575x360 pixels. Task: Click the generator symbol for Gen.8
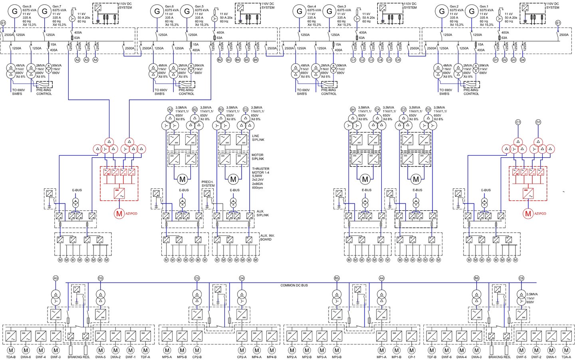[x=15, y=11]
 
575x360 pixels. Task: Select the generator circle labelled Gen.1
[x=472, y=11]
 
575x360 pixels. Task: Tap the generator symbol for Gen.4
[x=299, y=11]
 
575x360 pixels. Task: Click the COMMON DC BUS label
[x=294, y=285]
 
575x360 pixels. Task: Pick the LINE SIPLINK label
[x=258, y=138]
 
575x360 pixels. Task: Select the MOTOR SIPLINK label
[x=258, y=157]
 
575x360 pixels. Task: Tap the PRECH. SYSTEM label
[x=208, y=184]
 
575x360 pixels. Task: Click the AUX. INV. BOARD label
[x=267, y=237]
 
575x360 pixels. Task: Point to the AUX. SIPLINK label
[x=262, y=213]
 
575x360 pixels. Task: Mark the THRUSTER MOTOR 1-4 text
[x=260, y=170]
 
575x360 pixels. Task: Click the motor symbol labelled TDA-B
[x=11, y=350]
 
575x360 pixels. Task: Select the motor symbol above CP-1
[x=412, y=350]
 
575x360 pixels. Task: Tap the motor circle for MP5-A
[x=167, y=350]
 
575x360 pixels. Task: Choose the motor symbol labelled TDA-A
[x=566, y=350]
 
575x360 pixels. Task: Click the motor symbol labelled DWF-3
[x=56, y=350]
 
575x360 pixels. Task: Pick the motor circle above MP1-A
[x=382, y=350]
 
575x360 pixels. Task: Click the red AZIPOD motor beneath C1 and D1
[x=528, y=214]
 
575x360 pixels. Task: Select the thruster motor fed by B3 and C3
[x=233, y=179]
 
